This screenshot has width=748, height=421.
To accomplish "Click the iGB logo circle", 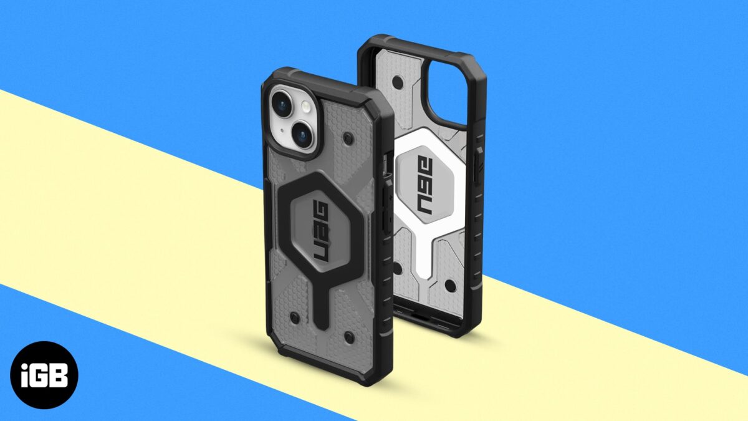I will click(x=44, y=375).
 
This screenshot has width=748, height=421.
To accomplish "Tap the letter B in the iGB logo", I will click(x=61, y=375).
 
